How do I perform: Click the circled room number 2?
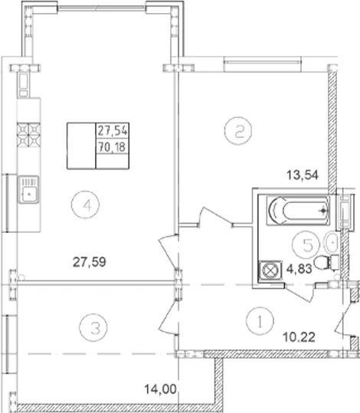tap(238, 131)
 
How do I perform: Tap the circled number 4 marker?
tap(85, 205)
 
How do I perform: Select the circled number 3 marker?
tap(93, 327)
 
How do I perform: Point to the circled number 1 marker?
tap(260, 321)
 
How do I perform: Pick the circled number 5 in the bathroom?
tap(306, 244)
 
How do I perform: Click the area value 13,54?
tap(303, 175)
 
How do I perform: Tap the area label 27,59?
tap(90, 262)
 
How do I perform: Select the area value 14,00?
tap(160, 389)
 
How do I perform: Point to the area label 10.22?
tap(299, 337)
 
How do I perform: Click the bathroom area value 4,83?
tap(299, 269)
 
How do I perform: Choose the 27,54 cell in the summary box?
tap(113, 130)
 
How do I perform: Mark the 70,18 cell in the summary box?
tap(113, 146)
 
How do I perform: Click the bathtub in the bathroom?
tap(298, 211)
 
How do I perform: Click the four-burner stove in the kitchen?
tap(28, 135)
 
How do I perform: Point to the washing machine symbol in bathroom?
tap(270, 270)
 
